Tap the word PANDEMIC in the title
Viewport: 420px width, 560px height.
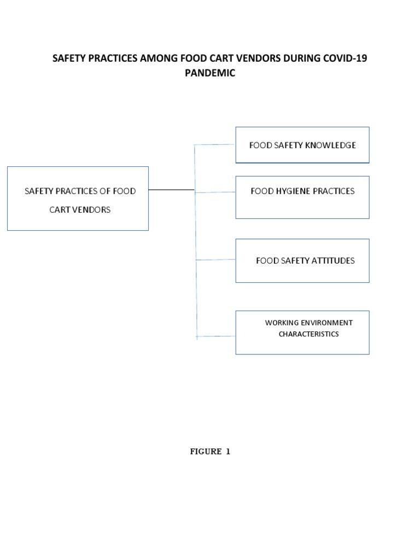(x=210, y=73)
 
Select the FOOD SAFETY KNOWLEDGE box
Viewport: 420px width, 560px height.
(x=302, y=145)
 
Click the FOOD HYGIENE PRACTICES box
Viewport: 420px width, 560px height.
(x=302, y=197)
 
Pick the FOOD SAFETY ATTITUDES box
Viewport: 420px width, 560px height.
(x=302, y=260)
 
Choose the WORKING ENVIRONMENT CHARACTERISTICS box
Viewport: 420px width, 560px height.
(x=302, y=332)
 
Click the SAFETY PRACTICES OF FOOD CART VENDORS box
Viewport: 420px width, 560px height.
(x=78, y=199)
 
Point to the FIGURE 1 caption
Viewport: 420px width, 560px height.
(x=210, y=452)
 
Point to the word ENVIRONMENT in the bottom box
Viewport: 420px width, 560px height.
(x=328, y=323)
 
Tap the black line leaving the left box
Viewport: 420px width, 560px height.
(x=171, y=190)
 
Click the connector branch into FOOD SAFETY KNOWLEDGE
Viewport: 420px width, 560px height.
(x=215, y=145)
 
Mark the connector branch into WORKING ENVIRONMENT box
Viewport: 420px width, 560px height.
(x=216, y=336)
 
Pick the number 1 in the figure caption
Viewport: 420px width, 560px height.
(x=228, y=452)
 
